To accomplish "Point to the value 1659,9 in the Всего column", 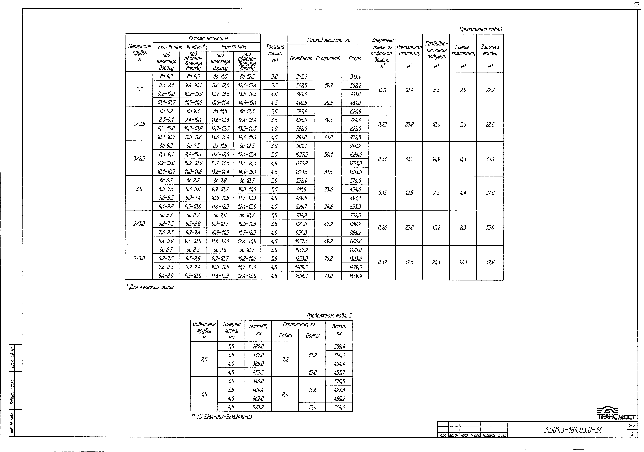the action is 355,276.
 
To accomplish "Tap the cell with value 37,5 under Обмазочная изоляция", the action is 409,262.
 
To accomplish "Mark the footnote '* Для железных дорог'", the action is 150,287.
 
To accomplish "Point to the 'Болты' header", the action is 312,336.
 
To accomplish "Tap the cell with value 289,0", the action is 258,347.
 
